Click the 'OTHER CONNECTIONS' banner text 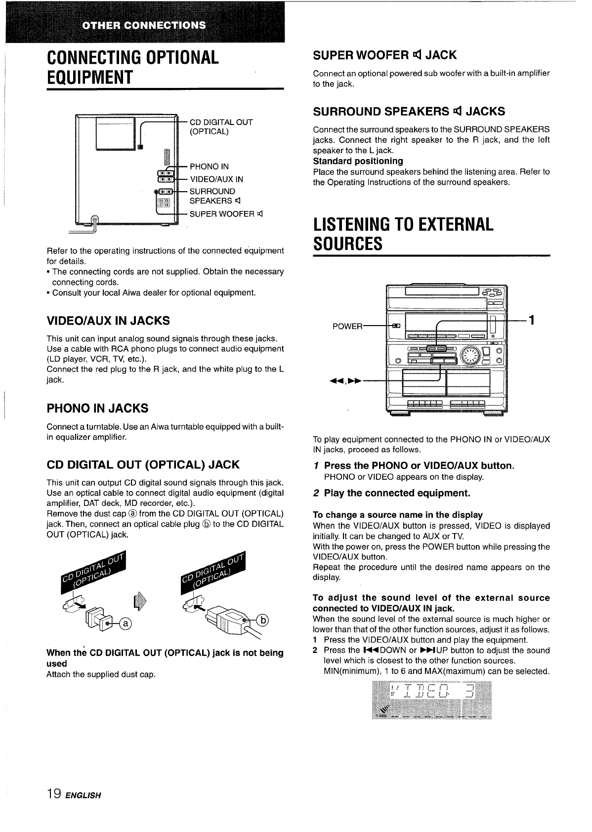pyautogui.click(x=144, y=25)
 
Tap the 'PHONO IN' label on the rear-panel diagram pyautogui.click(x=209, y=166)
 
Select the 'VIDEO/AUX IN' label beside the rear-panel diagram pyautogui.click(x=216, y=179)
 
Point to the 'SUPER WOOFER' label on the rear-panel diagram pyautogui.click(x=222, y=214)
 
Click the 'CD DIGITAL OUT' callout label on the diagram pyautogui.click(x=221, y=122)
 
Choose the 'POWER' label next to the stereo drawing pyautogui.click(x=347, y=326)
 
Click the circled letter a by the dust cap pyautogui.click(x=126, y=624)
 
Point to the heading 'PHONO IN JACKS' pyautogui.click(x=97, y=408)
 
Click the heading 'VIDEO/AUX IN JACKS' pyautogui.click(x=108, y=321)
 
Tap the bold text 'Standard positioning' pyautogui.click(x=358, y=161)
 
